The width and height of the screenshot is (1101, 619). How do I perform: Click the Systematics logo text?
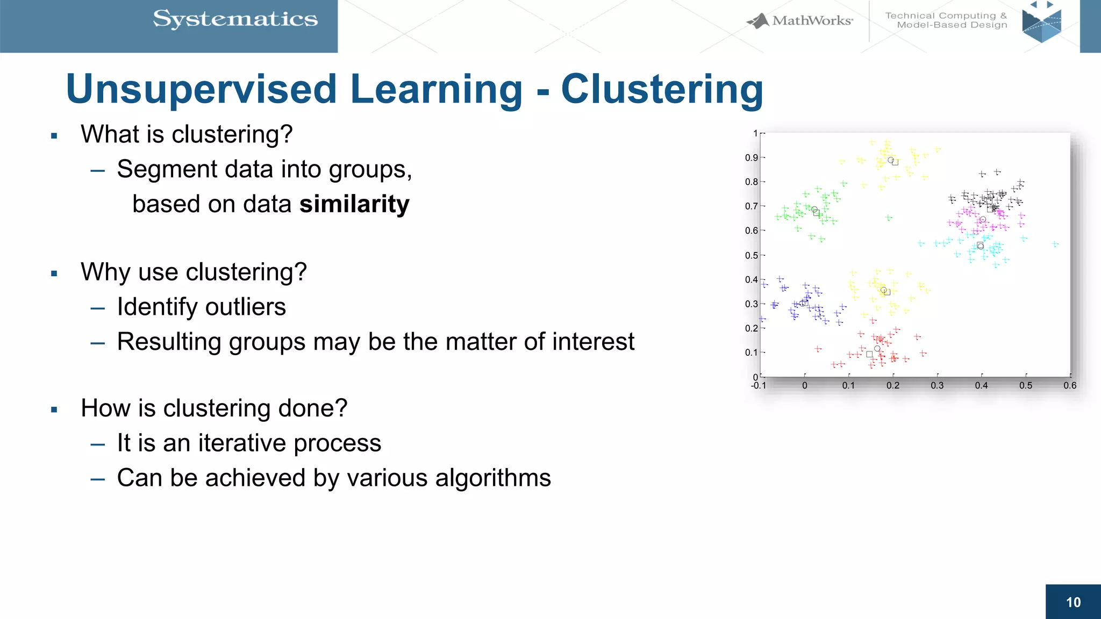[x=235, y=19]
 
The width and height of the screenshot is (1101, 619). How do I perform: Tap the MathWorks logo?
[x=799, y=21]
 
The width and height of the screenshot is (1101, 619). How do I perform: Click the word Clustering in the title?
[x=662, y=89]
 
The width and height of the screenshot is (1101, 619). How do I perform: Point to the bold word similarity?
[x=354, y=204]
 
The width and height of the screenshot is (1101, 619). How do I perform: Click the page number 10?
[x=1073, y=602]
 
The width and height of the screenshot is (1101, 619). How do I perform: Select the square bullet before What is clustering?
[x=54, y=136]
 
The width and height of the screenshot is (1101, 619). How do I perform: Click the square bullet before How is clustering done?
[x=54, y=410]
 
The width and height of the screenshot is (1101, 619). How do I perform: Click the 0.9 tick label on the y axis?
[x=751, y=157]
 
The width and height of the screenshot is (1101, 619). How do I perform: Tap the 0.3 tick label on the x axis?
[x=937, y=386]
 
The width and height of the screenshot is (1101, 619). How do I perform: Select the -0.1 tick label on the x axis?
[x=758, y=386]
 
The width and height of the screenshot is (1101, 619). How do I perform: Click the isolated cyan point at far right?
[x=1055, y=244]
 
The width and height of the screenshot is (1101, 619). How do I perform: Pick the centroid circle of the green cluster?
[x=814, y=210]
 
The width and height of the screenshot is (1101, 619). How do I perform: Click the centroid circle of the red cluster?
[x=877, y=349]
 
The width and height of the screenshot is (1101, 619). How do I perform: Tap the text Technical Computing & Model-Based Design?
[x=946, y=20]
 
